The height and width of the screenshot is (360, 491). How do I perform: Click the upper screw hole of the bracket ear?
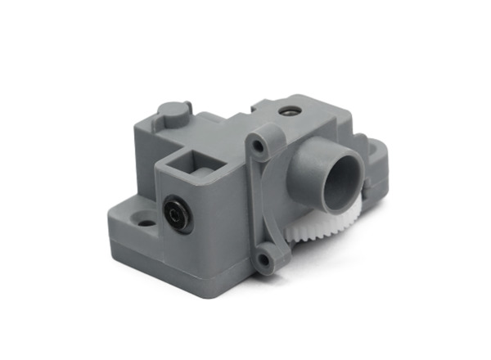[259, 146]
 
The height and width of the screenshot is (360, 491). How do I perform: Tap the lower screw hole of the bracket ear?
[263, 260]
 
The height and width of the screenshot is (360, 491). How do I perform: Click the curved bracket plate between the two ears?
[274, 205]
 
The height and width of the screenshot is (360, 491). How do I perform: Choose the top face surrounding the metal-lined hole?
[307, 115]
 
